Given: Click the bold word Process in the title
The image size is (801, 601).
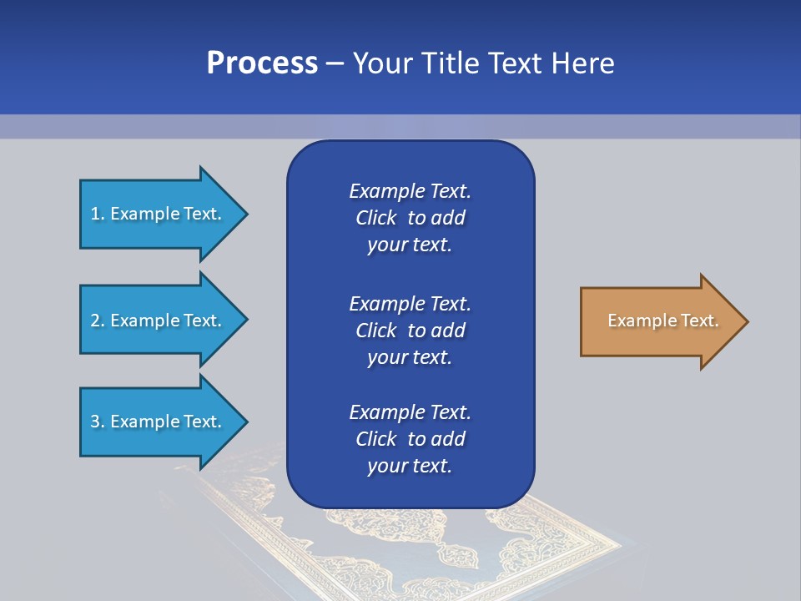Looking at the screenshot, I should pos(262,63).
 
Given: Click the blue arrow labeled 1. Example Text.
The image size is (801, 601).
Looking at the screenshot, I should pos(159,214).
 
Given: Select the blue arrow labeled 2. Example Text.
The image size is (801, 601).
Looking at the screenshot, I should pos(159,321).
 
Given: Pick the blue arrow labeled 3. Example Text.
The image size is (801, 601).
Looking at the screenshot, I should pos(159,422).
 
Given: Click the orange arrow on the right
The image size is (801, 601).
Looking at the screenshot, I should pos(659,321).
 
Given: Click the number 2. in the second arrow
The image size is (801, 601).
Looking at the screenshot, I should pos(98,321).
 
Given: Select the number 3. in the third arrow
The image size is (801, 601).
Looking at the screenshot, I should pos(98,422).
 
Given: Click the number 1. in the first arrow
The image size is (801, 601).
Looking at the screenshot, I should pos(98,214).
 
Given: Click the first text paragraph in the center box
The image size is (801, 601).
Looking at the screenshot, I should pos(410,218).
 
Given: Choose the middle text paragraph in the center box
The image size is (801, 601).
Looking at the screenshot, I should pos(410,331).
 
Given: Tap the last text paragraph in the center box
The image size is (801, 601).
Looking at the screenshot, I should pos(410,439).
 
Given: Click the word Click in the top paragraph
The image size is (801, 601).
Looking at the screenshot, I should pos(376,219).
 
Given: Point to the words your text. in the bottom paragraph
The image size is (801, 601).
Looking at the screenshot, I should pos(410,467).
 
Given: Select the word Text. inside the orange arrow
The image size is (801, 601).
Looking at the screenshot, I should pos(698,321).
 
